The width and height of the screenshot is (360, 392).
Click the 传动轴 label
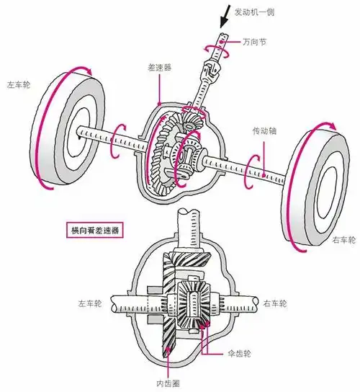pos(264,133)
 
